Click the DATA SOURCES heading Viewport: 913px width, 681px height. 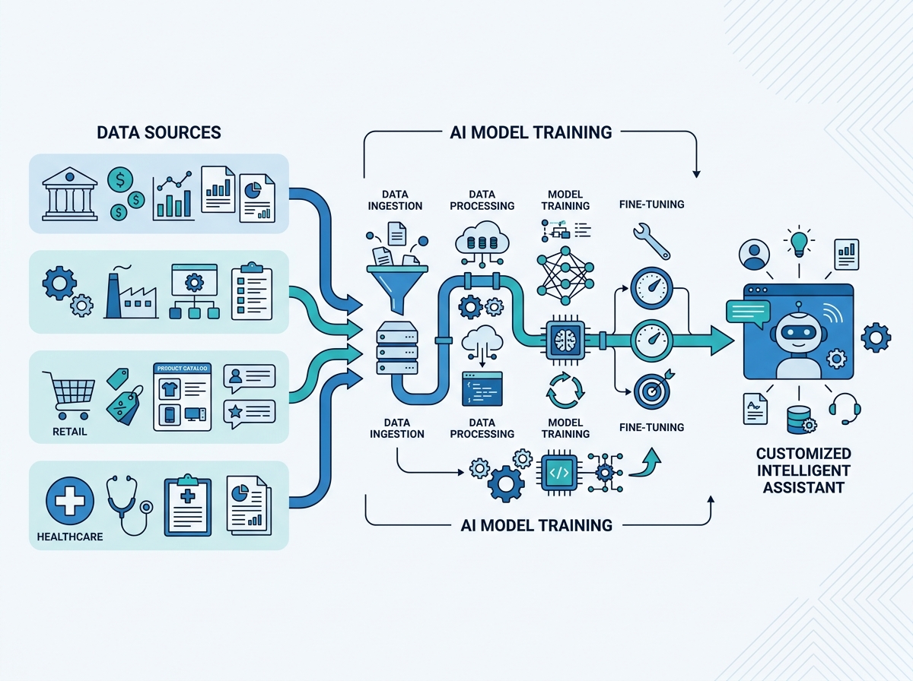click(159, 133)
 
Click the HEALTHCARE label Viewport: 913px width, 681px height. click(70, 537)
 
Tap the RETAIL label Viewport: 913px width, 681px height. click(70, 432)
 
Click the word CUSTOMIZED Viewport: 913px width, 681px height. click(803, 454)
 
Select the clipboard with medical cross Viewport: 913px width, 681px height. click(187, 505)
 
